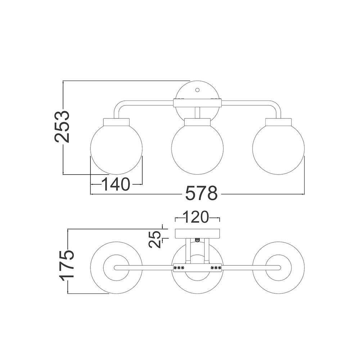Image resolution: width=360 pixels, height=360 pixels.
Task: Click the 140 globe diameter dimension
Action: point(116,184)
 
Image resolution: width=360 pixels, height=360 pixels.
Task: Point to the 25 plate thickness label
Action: point(154,239)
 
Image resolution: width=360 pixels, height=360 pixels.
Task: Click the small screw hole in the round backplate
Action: point(197,90)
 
